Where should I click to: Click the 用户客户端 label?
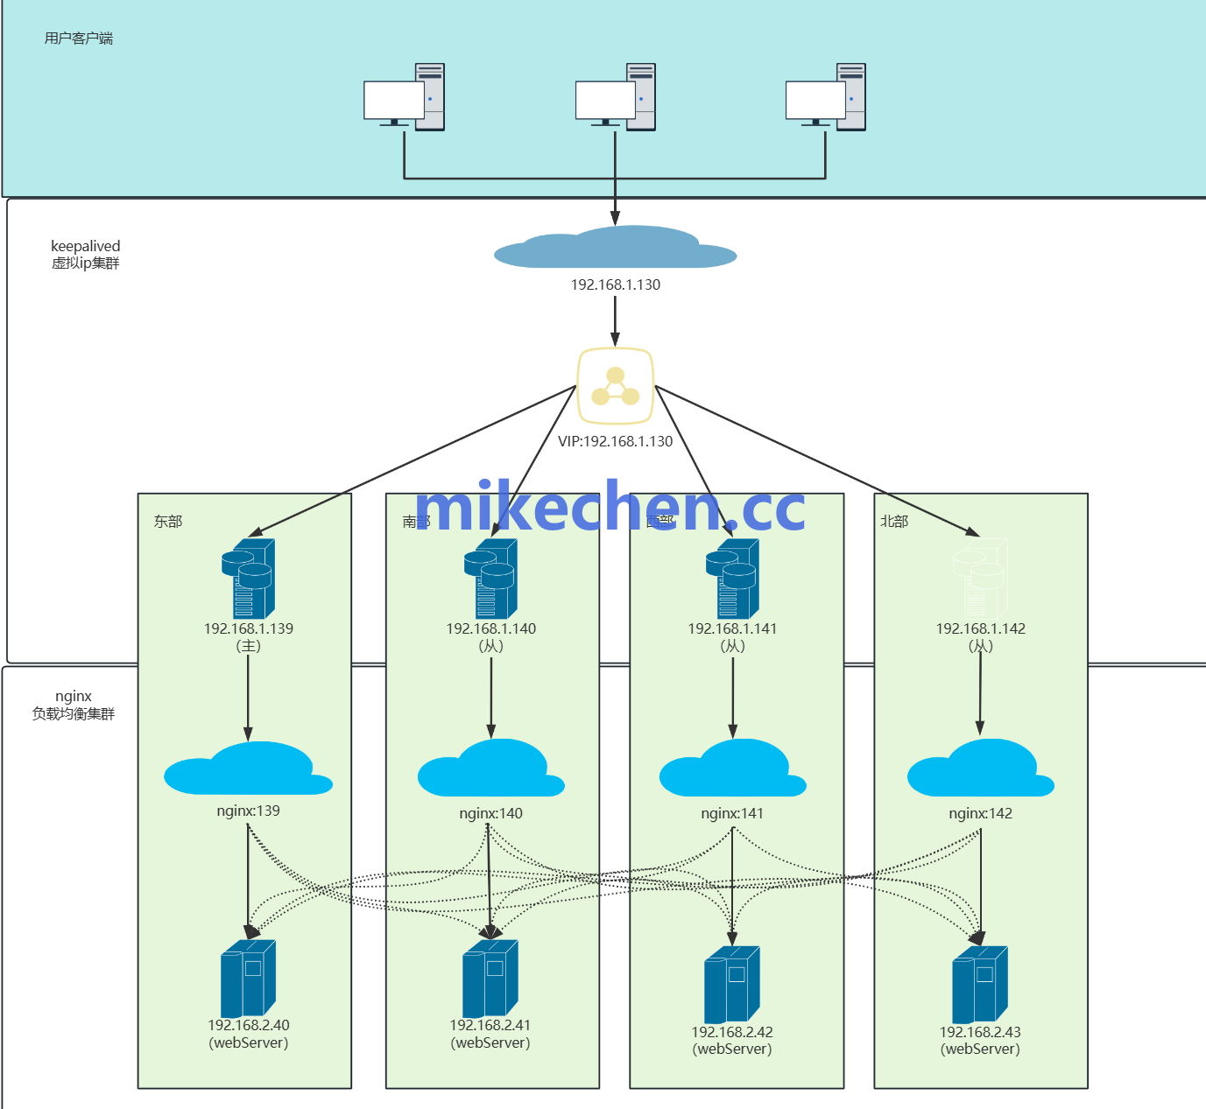click(79, 39)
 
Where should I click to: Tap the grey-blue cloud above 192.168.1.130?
click(615, 248)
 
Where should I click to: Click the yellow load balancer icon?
click(615, 386)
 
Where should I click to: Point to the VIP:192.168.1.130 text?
click(615, 441)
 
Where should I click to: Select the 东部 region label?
click(168, 522)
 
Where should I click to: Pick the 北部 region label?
click(894, 522)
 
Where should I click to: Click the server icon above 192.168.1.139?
click(249, 579)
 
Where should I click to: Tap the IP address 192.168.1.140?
click(491, 628)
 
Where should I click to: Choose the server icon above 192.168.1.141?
click(732, 579)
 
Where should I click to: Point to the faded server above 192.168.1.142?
click(980, 579)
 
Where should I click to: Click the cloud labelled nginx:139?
click(249, 769)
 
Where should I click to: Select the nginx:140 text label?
click(491, 813)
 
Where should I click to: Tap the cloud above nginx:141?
click(732, 769)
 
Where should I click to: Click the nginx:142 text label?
click(980, 813)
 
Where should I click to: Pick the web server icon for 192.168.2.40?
click(249, 978)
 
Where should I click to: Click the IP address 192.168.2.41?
click(490, 1025)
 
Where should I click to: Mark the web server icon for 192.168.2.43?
click(980, 984)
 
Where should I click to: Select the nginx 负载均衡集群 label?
click(74, 705)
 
